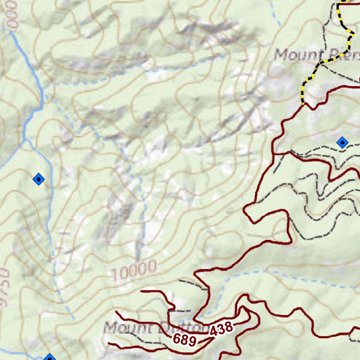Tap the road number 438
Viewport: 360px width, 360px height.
pyautogui.click(x=221, y=329)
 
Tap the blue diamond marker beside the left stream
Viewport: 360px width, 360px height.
pyautogui.click(x=39, y=180)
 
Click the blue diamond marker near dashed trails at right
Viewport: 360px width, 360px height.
pyautogui.click(x=342, y=143)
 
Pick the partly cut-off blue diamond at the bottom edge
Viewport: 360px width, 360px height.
pyautogui.click(x=50, y=358)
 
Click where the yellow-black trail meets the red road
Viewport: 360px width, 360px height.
pyautogui.click(x=303, y=104)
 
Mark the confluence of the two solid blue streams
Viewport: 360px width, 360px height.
pyautogui.click(x=25, y=139)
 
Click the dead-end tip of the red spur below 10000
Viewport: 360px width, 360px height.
pyautogui.click(x=141, y=291)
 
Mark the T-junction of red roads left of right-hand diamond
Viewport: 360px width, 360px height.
pyautogui.click(x=274, y=154)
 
